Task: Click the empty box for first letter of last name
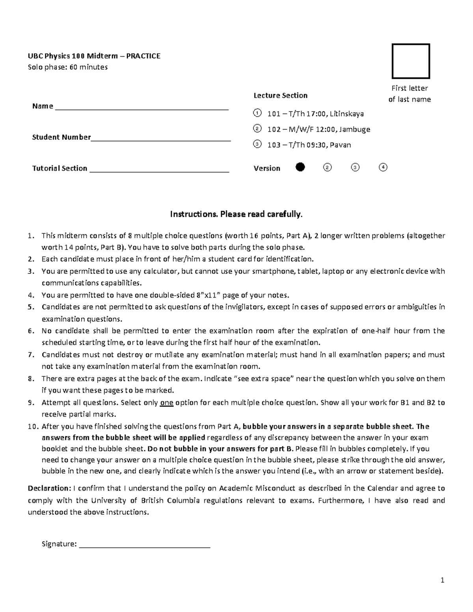tap(410, 61)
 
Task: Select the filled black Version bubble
tap(300, 167)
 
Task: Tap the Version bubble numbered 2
tap(327, 167)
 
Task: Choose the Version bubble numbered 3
tap(355, 167)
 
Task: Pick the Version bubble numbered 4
tap(383, 167)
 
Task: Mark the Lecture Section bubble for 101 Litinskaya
tap(257, 113)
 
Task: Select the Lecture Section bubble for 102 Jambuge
tap(257, 128)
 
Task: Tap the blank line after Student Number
tap(161, 139)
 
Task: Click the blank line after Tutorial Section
tap(160, 170)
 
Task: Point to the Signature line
tap(145, 546)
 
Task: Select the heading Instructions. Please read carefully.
tap(236, 214)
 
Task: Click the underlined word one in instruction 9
tap(166, 403)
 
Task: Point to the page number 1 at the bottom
tap(443, 580)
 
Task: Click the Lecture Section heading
tap(280, 95)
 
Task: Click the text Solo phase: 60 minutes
tap(67, 67)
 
